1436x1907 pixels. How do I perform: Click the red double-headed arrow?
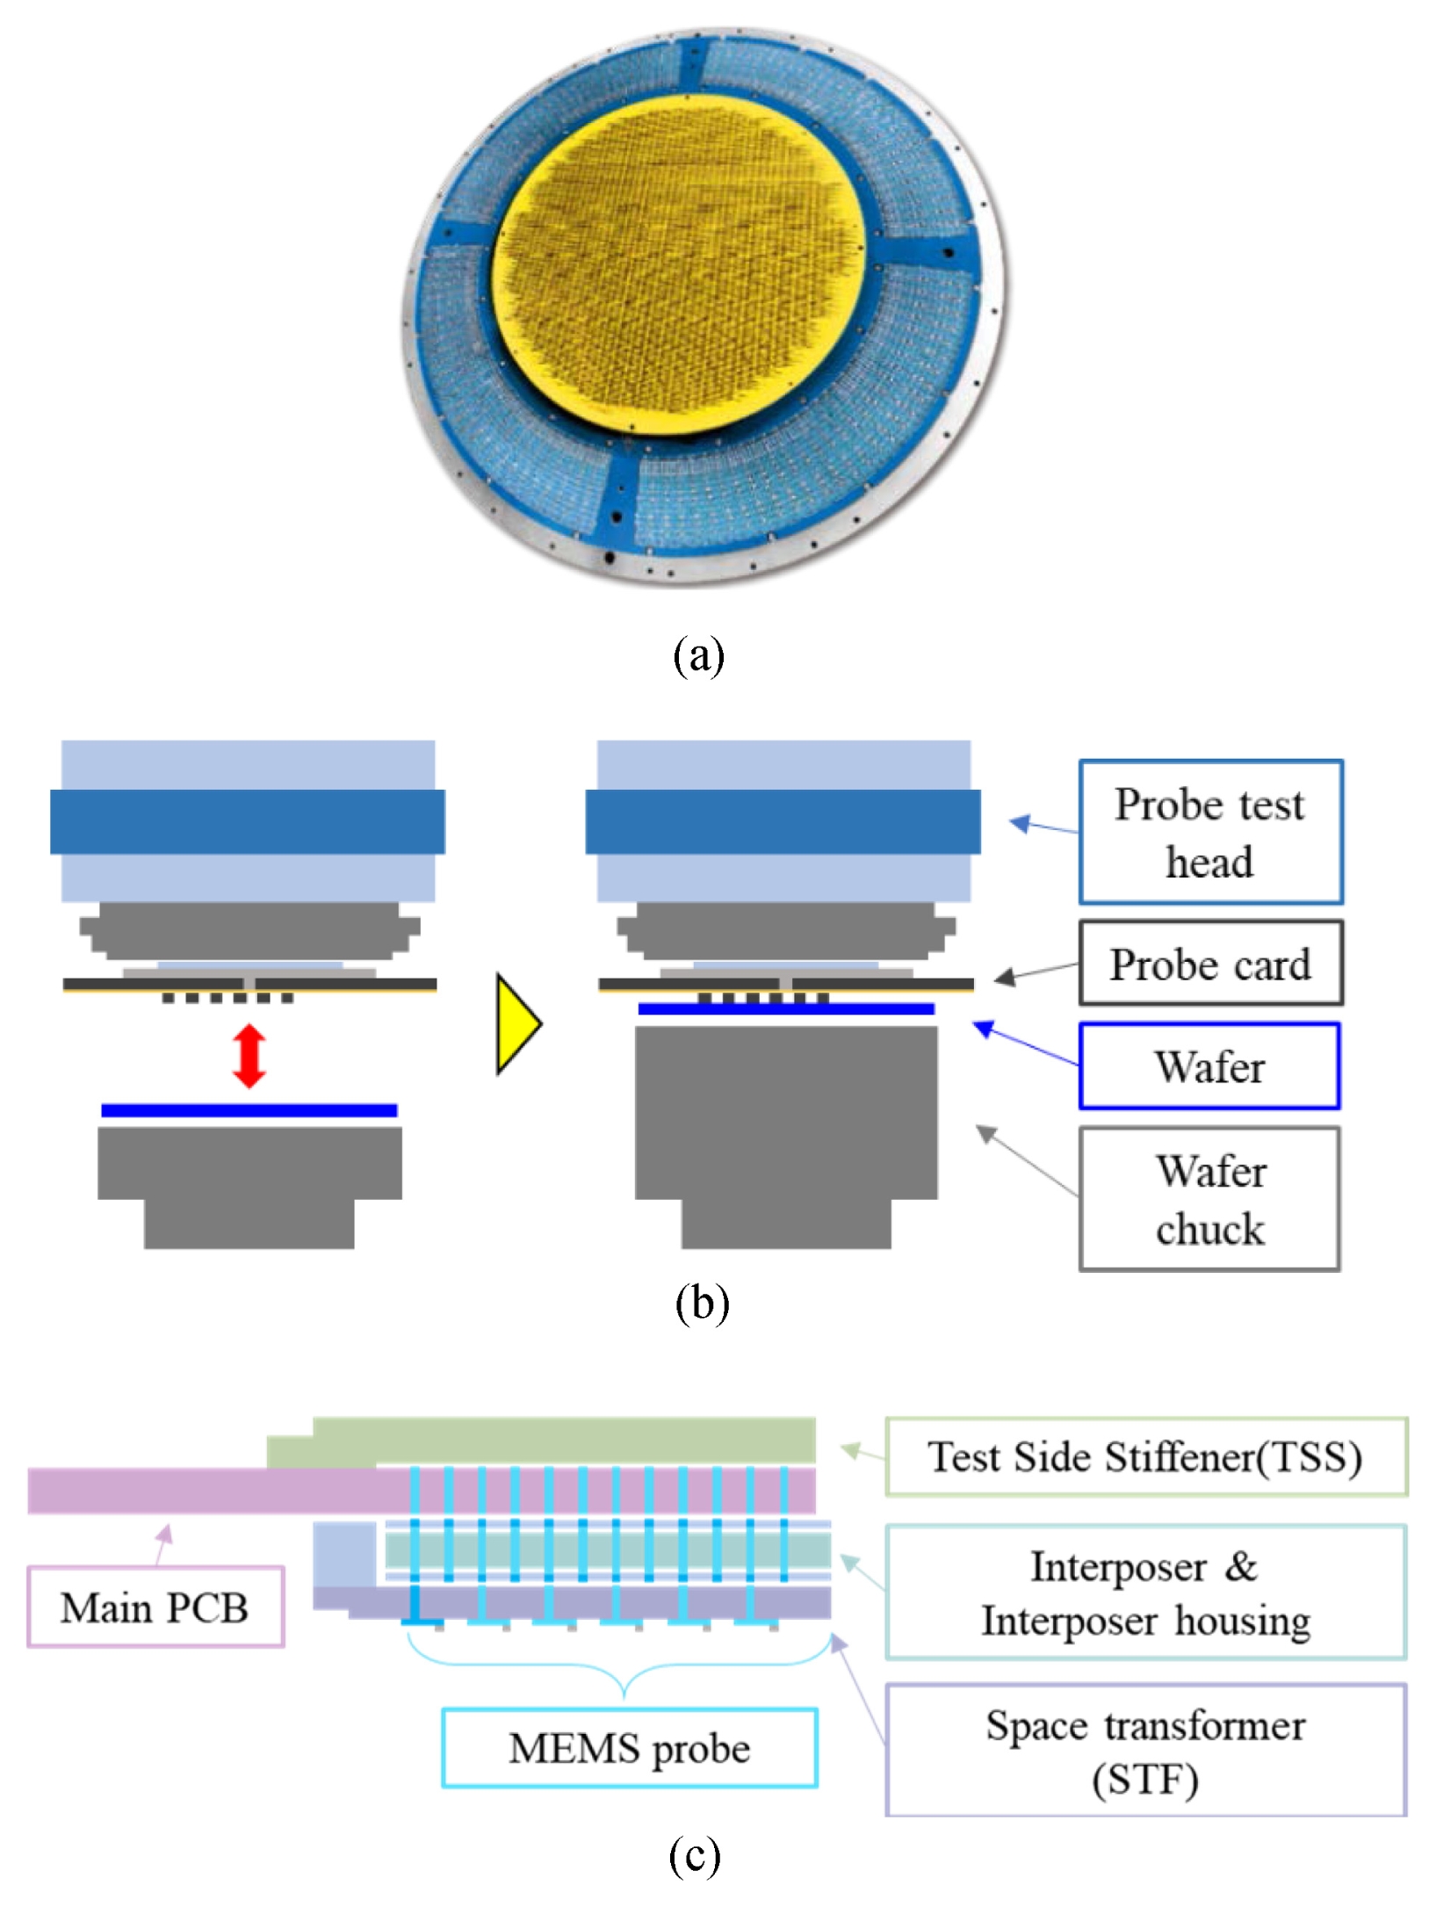(x=249, y=1056)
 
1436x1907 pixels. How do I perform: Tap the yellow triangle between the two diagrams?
(x=516, y=1023)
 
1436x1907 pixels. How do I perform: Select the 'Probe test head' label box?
(x=1210, y=832)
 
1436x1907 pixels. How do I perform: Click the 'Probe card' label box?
(x=1210, y=964)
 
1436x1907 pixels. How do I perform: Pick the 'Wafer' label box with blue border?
(x=1209, y=1066)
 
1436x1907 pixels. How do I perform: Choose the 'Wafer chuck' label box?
(x=1209, y=1199)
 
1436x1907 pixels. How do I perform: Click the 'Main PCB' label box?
(x=155, y=1607)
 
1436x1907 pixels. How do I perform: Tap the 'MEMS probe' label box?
(x=629, y=1747)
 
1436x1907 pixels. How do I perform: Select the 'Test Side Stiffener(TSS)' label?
(x=1145, y=1456)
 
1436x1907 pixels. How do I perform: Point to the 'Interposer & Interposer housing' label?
(x=1145, y=1593)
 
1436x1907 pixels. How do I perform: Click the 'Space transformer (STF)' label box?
(x=1145, y=1751)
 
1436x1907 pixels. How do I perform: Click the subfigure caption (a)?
(x=699, y=655)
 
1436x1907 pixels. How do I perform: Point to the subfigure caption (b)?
(x=702, y=1304)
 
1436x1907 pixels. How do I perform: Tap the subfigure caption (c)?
(x=695, y=1855)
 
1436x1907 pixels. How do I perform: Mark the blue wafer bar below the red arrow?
(x=249, y=1110)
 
